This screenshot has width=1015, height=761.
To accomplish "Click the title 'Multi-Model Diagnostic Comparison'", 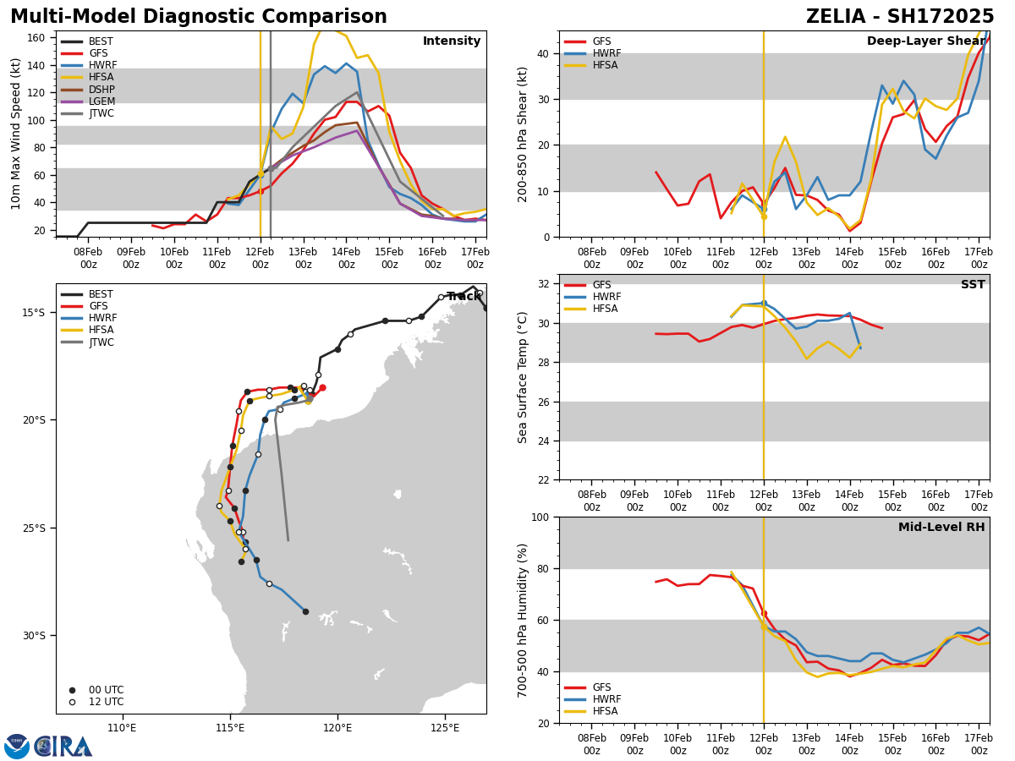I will (x=199, y=17).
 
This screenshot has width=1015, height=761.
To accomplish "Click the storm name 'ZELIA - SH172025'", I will (x=900, y=17).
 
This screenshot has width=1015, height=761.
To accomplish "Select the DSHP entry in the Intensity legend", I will (x=101, y=90).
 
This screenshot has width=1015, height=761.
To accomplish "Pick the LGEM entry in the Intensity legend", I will (x=101, y=101).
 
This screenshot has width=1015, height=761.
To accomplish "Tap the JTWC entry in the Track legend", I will (x=101, y=342).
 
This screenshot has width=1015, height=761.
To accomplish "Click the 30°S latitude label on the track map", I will (x=34, y=636).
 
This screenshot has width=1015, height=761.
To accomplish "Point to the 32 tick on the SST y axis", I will (x=544, y=284).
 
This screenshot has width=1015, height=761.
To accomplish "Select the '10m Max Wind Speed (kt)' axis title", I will (x=16, y=134).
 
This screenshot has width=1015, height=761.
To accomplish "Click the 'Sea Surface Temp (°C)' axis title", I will (x=524, y=377).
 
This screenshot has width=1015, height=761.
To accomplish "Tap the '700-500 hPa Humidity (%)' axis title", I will (x=524, y=620).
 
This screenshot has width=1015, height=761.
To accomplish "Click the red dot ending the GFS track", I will (x=322, y=388).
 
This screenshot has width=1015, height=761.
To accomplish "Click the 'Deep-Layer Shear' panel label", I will (x=925, y=41).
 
